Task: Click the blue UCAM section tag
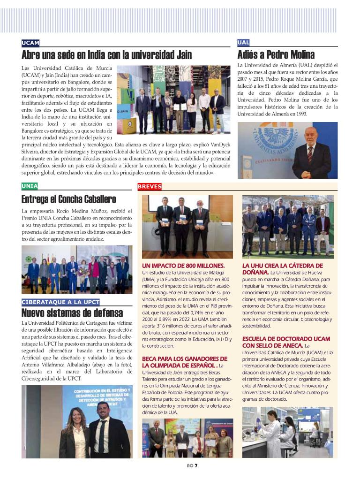(x=30, y=43)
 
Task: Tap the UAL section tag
(x=244, y=43)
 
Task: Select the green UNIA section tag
(x=30, y=186)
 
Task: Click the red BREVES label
(x=150, y=187)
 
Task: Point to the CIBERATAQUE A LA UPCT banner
(x=60, y=302)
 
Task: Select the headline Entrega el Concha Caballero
(x=68, y=199)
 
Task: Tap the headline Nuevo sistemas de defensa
(x=72, y=313)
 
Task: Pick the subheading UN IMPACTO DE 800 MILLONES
(x=183, y=266)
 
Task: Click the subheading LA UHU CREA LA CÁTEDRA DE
(x=282, y=266)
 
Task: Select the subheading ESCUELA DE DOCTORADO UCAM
(x=286, y=339)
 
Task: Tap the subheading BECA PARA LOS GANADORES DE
(x=184, y=358)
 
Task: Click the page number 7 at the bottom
(x=196, y=466)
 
